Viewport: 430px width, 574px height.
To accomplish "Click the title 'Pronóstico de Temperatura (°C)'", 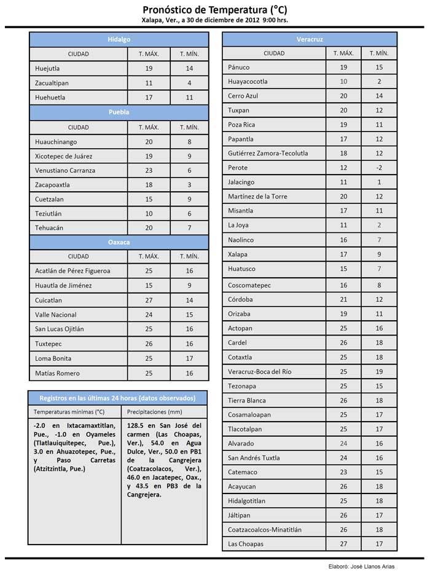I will click(214, 10).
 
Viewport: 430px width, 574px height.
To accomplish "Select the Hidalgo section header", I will click(119, 39).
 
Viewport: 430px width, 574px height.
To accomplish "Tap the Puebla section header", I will click(119, 112).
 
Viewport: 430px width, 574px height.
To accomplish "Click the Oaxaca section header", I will click(119, 242).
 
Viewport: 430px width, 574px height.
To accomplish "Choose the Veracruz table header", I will click(310, 39).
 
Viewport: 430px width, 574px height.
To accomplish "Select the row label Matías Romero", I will click(57, 373).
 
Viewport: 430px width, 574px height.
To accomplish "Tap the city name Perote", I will click(238, 168).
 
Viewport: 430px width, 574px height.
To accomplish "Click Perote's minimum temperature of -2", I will click(379, 168).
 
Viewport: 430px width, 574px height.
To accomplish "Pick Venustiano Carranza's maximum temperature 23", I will click(149, 170).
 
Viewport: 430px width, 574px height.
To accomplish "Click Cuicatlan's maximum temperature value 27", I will click(149, 301).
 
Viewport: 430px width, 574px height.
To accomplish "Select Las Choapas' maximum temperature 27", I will click(343, 544).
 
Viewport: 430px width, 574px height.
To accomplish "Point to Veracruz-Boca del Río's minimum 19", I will click(379, 372).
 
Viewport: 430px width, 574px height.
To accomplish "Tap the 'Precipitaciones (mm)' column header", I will click(154, 412).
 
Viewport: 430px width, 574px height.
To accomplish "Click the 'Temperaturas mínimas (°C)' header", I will click(69, 412).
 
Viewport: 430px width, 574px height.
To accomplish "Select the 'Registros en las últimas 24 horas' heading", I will click(117, 398).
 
